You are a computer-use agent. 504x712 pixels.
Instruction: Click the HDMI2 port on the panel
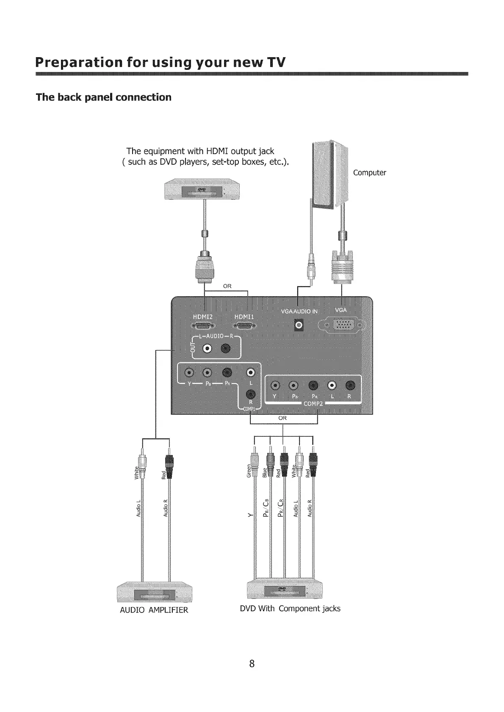(x=204, y=326)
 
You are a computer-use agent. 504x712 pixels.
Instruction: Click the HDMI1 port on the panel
(x=245, y=326)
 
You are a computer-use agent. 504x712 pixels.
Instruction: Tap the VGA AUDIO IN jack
(x=299, y=325)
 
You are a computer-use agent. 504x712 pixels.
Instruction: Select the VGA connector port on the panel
(x=344, y=325)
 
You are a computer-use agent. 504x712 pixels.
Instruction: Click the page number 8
(x=252, y=663)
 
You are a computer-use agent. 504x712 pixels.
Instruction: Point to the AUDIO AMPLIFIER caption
(x=154, y=610)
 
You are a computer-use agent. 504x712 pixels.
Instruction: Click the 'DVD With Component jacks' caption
(x=290, y=608)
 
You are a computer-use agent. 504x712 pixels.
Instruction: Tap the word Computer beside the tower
(x=369, y=173)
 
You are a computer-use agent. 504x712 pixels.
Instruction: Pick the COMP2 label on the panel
(x=313, y=403)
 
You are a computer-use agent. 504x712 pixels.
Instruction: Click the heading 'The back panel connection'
(x=104, y=97)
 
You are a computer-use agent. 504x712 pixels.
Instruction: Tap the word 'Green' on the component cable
(x=249, y=470)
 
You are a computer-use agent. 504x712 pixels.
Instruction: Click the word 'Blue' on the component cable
(x=265, y=472)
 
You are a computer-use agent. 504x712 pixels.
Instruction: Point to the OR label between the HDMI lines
(x=227, y=286)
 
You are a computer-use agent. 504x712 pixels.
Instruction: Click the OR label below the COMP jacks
(x=282, y=418)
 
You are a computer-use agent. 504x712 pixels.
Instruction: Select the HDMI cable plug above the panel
(x=205, y=268)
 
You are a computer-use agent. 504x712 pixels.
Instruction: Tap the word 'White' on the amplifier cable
(x=136, y=472)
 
